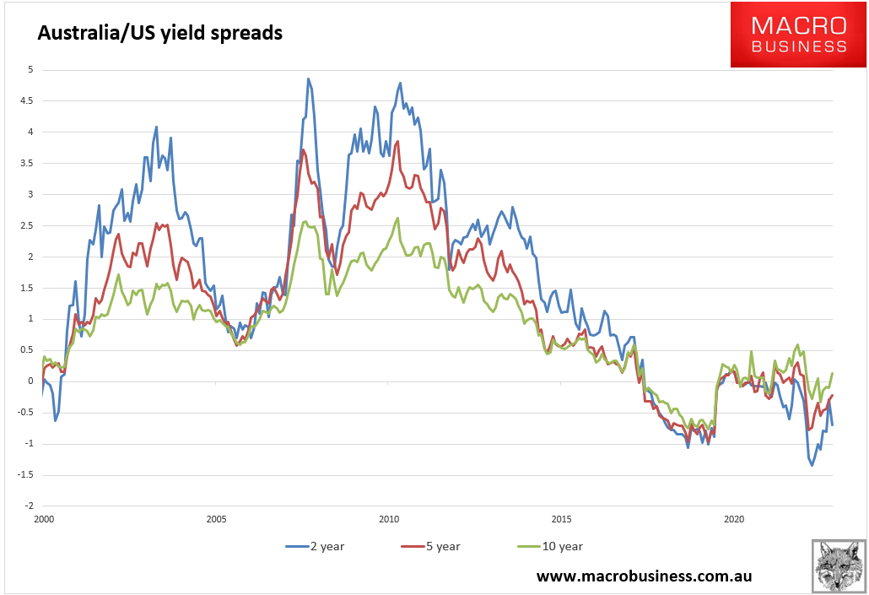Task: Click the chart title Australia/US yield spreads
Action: coord(159,34)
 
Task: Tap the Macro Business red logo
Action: coord(798,35)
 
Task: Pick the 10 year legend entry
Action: coord(548,546)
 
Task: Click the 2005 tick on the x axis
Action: coord(215,519)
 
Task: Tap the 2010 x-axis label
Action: coord(388,519)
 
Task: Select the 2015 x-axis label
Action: coord(561,519)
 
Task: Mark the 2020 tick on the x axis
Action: coord(734,519)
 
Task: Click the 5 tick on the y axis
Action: coord(30,69)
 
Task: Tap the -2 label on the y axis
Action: coord(28,506)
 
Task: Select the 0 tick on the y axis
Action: coord(30,381)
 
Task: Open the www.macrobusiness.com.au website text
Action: coord(644,576)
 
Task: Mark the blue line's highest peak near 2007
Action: coord(308,78)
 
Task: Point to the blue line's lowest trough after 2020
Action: coord(812,465)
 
